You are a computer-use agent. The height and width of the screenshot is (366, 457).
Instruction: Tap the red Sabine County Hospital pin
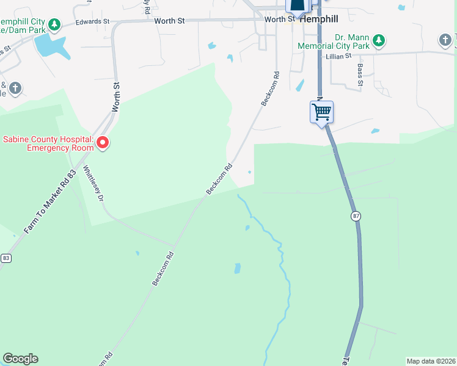coord(103,143)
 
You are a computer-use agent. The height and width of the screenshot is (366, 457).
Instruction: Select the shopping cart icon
coord(321,112)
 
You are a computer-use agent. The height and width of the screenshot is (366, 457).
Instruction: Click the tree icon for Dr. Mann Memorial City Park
coord(379,41)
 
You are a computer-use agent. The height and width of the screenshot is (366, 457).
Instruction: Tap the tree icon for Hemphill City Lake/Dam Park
coord(55,24)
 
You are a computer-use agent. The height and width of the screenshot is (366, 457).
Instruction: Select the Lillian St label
coord(340,56)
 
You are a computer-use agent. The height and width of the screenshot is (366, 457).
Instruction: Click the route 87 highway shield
coord(356,216)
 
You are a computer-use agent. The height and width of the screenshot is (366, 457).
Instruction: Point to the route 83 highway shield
coord(5,258)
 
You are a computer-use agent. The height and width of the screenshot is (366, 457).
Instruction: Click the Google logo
coord(20,359)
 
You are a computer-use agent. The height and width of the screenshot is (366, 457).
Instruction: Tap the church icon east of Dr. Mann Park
coord(445,41)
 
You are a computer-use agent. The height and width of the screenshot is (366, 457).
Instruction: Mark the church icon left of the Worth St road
coord(15,89)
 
